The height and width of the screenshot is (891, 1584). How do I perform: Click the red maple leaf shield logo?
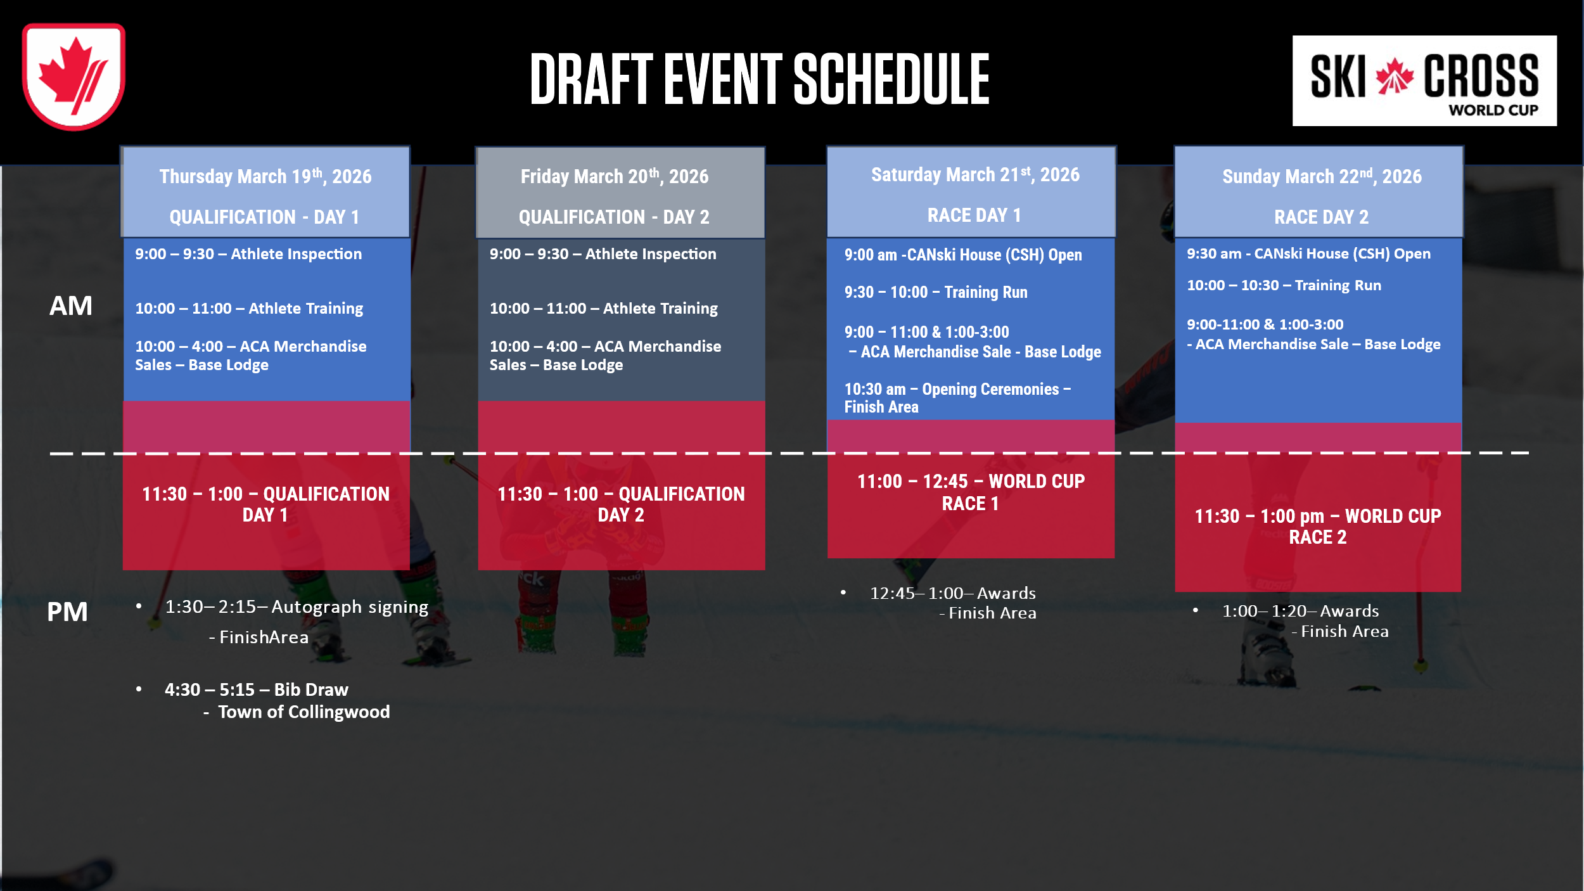coord(73,77)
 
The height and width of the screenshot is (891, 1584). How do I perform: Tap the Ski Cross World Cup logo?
coord(1424,81)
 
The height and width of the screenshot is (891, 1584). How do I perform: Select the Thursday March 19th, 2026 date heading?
coord(265,176)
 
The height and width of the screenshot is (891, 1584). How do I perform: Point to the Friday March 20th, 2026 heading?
coord(615,176)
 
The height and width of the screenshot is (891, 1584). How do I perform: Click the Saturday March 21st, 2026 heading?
coord(975,174)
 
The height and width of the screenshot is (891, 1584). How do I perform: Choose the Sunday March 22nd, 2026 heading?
coord(1322,176)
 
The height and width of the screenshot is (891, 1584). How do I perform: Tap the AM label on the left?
coord(71,306)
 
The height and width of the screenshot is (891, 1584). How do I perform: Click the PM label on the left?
coord(67,612)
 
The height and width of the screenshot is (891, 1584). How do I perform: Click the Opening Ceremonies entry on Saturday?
coord(957,398)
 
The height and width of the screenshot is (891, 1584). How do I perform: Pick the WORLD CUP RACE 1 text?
coord(971,492)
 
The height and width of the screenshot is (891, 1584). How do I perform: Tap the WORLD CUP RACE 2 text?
coord(1318,527)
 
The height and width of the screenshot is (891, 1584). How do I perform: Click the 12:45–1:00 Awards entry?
coord(953,603)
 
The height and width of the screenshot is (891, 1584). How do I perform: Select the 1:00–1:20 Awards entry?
coord(1305,621)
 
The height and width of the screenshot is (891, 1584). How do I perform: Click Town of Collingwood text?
coord(304,712)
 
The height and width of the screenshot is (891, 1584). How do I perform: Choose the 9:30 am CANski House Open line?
coord(1308,253)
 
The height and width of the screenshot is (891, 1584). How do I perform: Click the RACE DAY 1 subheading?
coord(974,215)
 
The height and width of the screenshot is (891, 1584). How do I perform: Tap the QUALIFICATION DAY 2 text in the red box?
coord(621,504)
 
